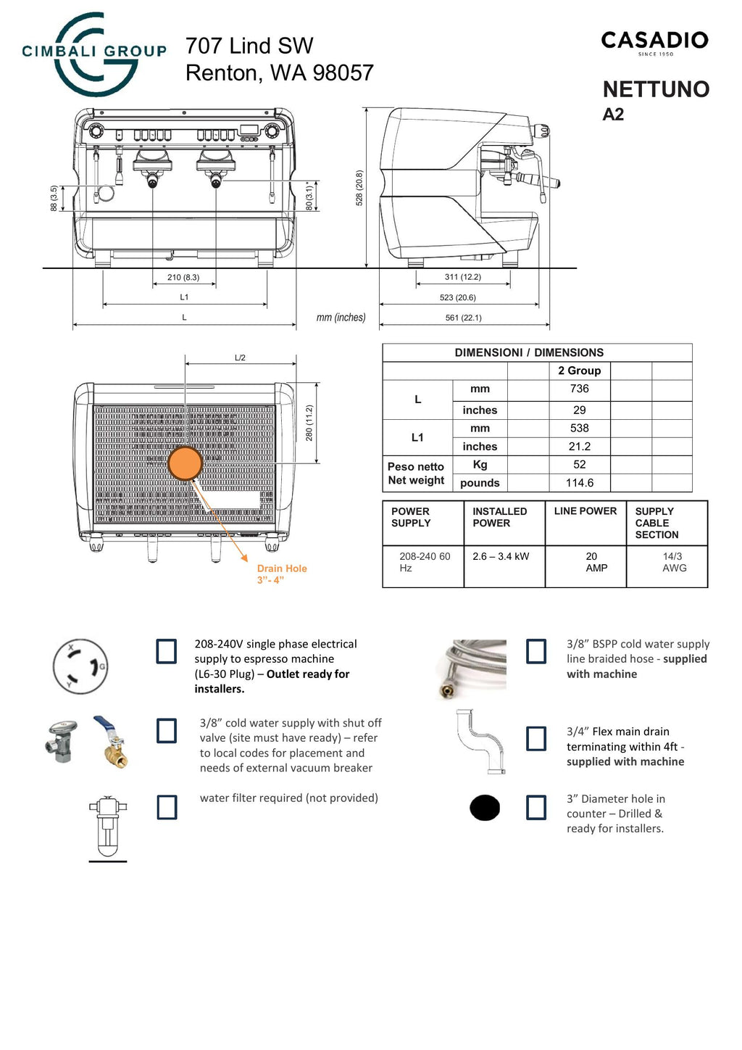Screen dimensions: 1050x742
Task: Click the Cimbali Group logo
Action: point(94,54)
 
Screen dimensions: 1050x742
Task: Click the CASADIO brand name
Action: point(654,41)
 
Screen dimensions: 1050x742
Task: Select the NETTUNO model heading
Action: point(656,89)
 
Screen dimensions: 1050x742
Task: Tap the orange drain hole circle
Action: point(185,463)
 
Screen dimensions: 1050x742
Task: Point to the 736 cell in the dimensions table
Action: point(579,389)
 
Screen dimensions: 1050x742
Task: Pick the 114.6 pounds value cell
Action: point(579,483)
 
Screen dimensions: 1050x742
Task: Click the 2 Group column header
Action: point(579,371)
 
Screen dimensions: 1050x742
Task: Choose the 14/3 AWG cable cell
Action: point(673,562)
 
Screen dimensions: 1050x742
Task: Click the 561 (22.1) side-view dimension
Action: point(463,318)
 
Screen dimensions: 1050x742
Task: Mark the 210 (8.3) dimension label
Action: point(183,277)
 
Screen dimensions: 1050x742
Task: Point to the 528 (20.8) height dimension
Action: point(359,189)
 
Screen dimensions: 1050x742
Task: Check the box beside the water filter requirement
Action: point(167,807)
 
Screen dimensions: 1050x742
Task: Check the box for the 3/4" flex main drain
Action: point(536,739)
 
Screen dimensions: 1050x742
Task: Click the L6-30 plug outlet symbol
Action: point(80,666)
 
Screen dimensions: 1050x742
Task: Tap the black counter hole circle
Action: point(485,808)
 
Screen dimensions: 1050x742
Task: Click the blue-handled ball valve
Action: point(109,742)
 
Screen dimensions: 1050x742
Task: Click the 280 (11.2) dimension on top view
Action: point(309,423)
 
